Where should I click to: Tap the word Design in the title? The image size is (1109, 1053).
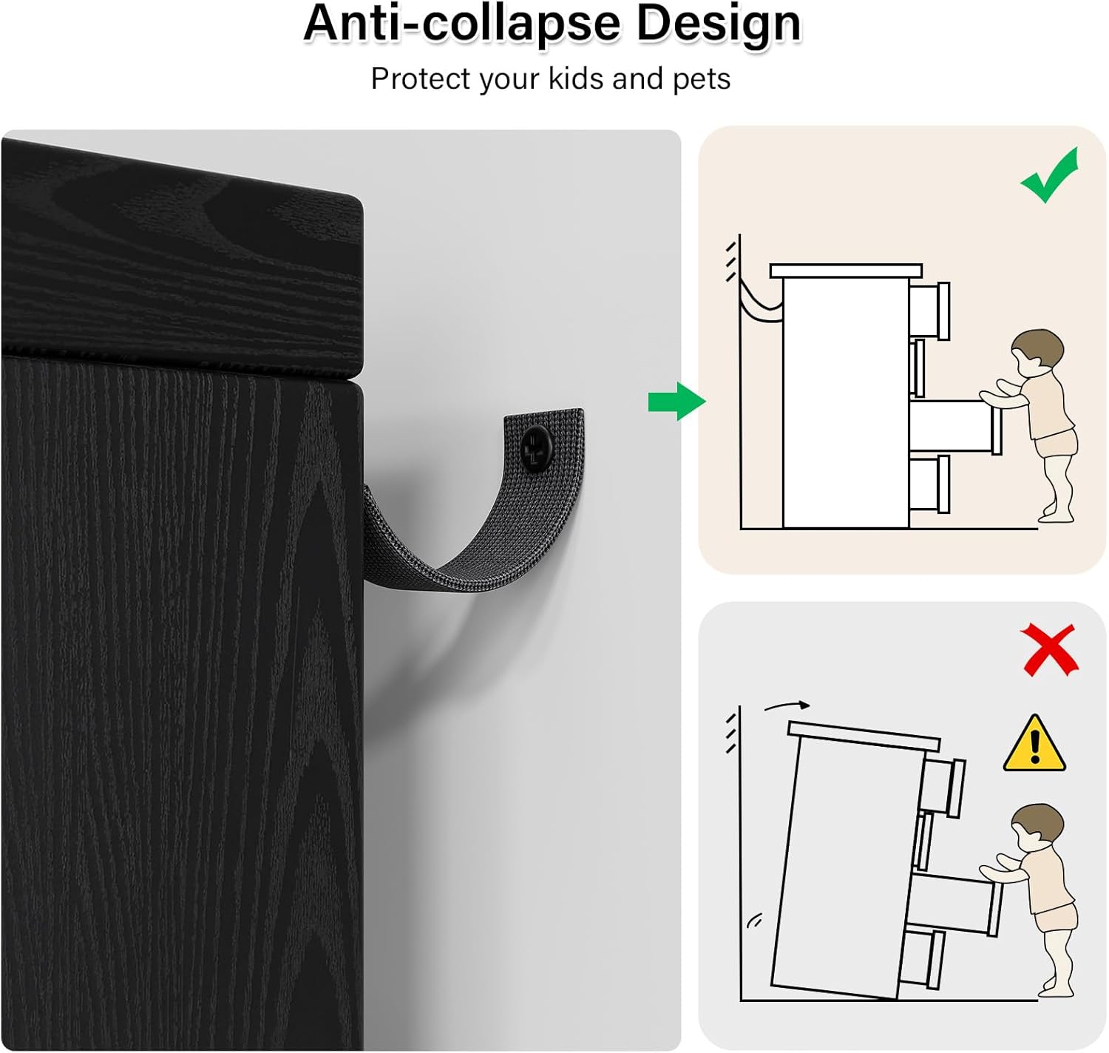[718, 24]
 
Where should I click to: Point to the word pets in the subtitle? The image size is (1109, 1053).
[701, 79]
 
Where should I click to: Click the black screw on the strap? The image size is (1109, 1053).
[535, 449]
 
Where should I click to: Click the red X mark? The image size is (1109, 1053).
[1049, 649]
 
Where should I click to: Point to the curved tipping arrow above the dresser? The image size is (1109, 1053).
[787, 706]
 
